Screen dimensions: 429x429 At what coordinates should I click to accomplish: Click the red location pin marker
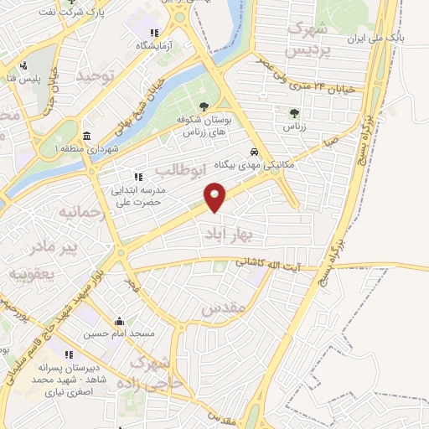(216, 197)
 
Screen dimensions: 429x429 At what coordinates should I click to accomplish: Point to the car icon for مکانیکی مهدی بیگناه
(253, 152)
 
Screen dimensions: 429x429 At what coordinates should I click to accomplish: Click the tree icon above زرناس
(293, 112)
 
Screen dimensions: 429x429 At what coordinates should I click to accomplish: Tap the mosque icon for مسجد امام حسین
(119, 321)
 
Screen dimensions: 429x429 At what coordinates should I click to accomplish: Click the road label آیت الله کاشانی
(271, 264)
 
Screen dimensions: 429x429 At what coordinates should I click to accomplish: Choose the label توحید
(93, 76)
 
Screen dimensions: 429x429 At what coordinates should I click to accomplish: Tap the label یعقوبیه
(31, 273)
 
